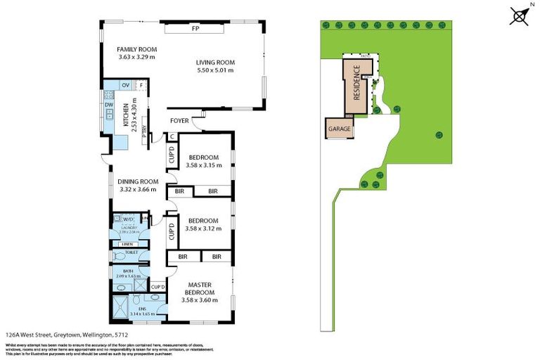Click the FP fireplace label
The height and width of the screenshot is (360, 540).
(195, 30)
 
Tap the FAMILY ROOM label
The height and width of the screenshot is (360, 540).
(136, 49)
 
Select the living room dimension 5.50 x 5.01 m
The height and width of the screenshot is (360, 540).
(214, 70)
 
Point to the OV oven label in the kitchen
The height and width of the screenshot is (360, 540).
(126, 85)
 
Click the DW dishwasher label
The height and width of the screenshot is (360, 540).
(108, 105)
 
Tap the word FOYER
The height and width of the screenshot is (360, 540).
(180, 121)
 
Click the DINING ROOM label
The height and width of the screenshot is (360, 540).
(137, 182)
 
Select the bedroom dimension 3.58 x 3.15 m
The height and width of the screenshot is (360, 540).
(204, 166)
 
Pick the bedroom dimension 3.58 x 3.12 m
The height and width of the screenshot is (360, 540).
(204, 229)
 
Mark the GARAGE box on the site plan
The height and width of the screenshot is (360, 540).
(338, 130)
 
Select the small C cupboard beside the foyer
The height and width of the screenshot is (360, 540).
(172, 137)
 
